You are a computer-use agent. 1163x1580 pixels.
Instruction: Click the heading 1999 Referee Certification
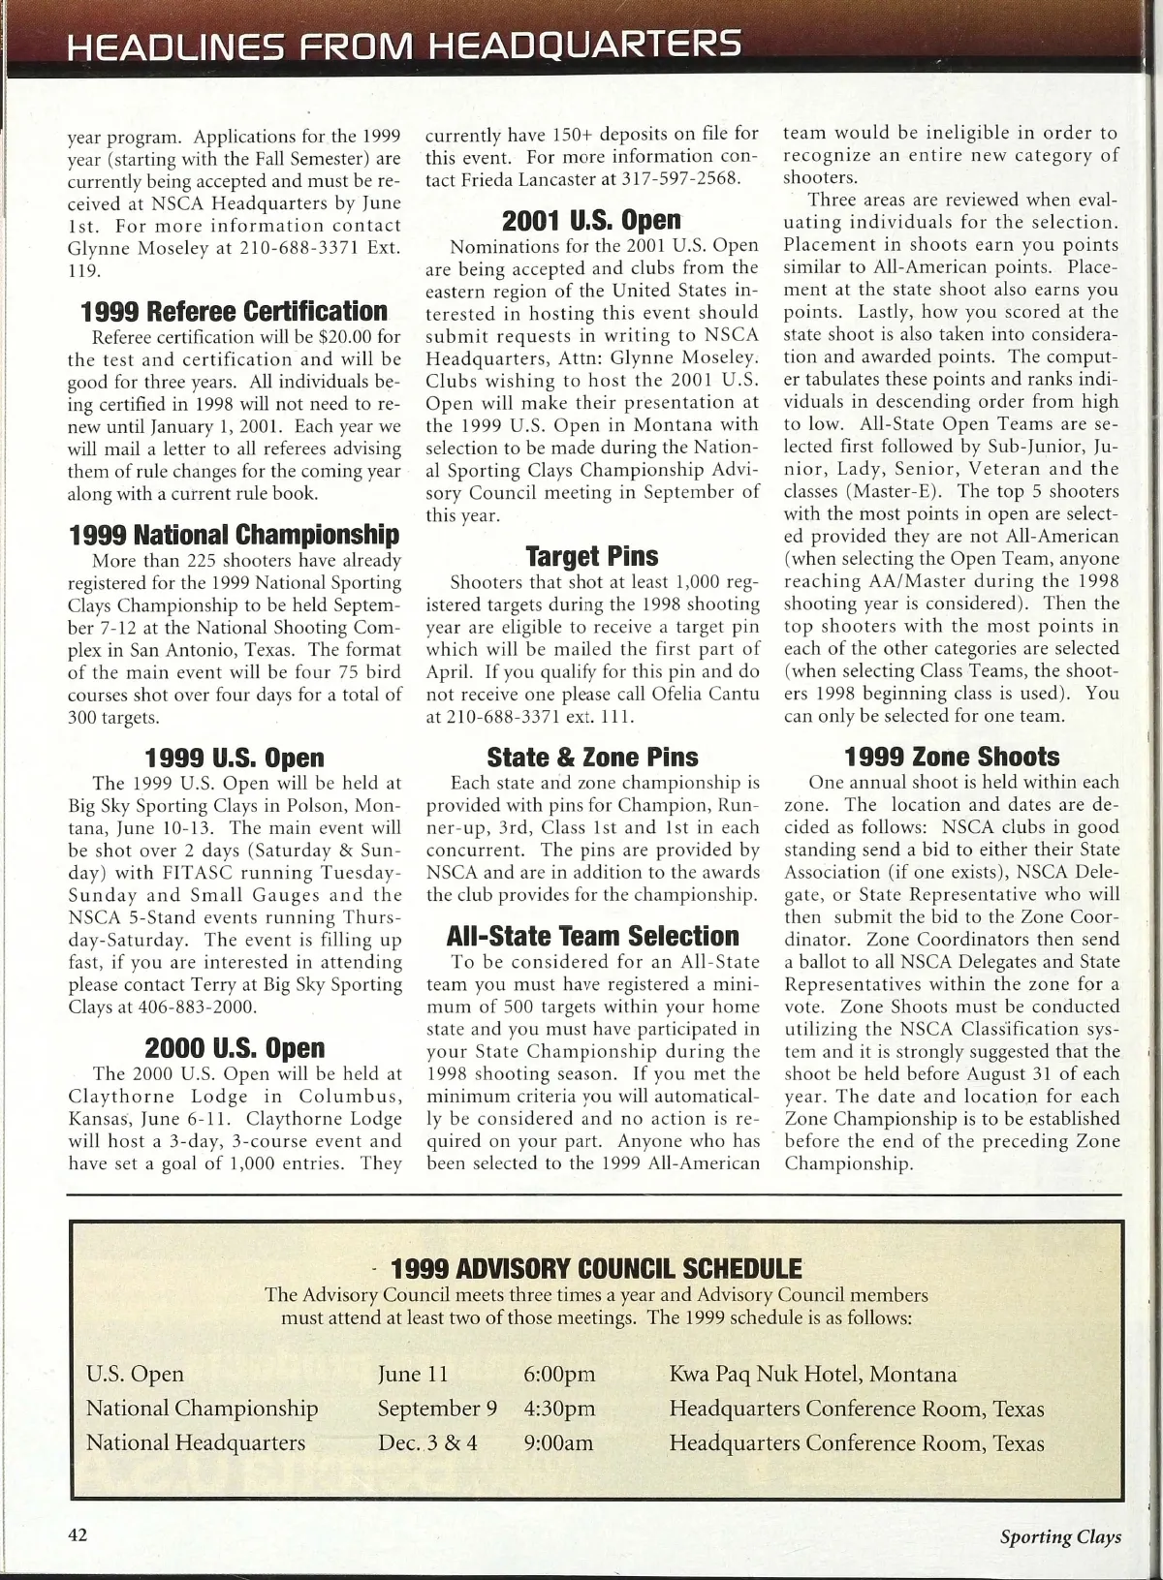tap(234, 312)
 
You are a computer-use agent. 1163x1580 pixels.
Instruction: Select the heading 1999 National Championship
tap(234, 535)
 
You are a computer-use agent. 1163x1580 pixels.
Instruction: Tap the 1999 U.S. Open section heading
tap(234, 758)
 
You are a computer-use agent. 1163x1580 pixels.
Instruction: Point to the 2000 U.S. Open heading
tap(234, 1048)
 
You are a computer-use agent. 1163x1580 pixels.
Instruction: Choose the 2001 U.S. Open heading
tap(591, 220)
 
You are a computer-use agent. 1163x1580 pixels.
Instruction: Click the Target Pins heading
tap(591, 556)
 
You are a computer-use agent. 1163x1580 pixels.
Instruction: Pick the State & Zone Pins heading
tap(591, 757)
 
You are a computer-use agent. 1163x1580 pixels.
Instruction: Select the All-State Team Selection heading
tap(591, 936)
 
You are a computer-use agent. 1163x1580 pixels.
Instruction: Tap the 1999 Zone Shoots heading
tap(952, 757)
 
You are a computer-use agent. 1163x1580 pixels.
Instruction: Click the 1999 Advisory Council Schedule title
tap(595, 1268)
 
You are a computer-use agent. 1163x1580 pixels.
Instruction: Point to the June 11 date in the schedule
tap(413, 1374)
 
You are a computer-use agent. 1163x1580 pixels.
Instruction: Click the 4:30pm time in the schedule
tap(559, 1409)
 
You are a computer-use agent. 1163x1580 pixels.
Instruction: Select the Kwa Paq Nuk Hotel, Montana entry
tap(812, 1374)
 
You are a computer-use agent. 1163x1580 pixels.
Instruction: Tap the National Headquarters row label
tap(195, 1442)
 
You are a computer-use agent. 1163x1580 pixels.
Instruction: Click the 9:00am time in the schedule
tap(557, 1442)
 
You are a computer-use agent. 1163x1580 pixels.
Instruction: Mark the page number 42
tap(78, 1535)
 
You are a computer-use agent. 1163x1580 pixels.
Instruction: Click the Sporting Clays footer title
tap(1060, 1536)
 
